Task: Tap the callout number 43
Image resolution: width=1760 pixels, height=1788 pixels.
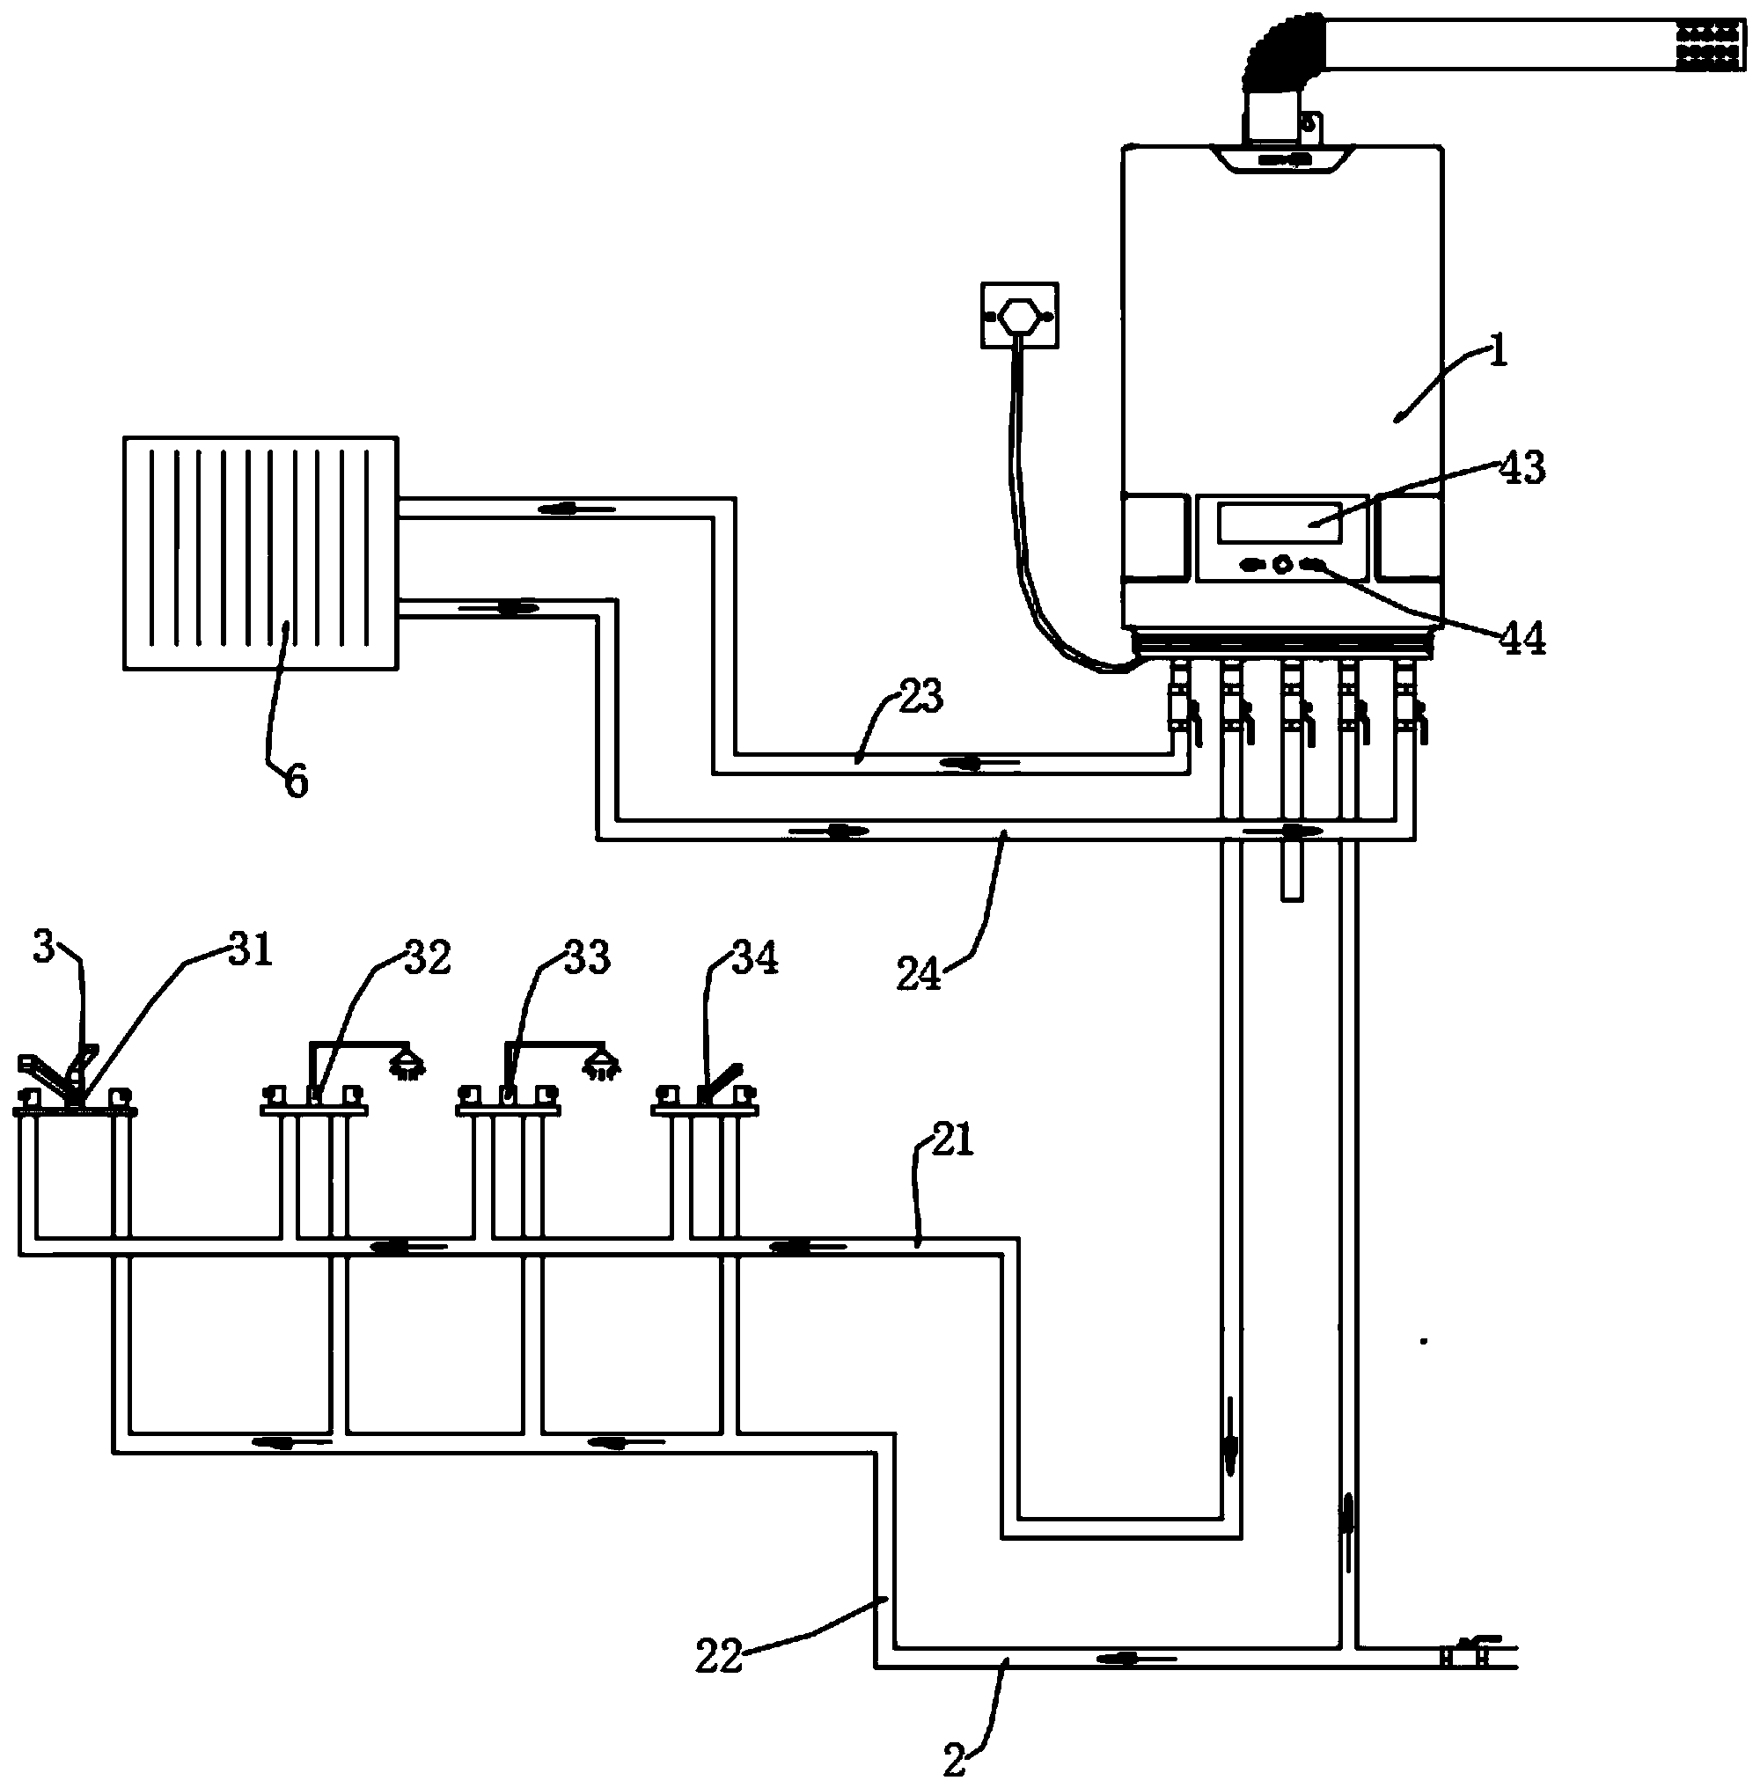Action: click(x=1522, y=468)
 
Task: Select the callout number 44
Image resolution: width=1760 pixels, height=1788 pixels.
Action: click(x=1522, y=638)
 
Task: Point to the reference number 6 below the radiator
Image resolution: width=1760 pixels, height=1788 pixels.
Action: click(x=296, y=782)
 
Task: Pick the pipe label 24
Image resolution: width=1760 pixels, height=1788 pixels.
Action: click(x=919, y=974)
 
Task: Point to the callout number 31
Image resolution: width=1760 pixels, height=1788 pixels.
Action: click(x=252, y=949)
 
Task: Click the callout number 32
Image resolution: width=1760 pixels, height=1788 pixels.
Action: click(x=427, y=957)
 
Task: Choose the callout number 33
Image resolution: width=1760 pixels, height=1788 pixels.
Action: click(x=586, y=957)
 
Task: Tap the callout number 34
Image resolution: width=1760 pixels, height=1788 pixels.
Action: click(x=754, y=957)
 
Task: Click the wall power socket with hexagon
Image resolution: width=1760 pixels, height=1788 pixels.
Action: click(x=1019, y=315)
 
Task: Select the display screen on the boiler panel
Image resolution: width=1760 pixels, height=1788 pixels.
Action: click(x=1280, y=523)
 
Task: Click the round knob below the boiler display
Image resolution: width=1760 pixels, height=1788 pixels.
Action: click(x=1282, y=564)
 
